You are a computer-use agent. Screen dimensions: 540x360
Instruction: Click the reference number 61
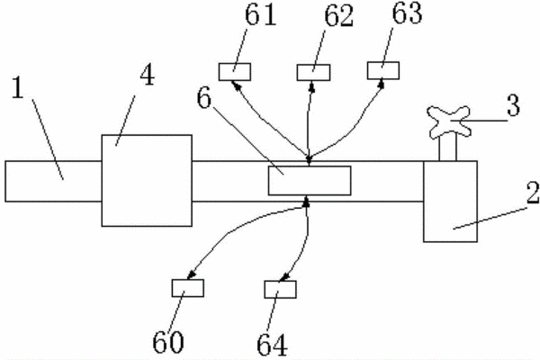pos(261,15)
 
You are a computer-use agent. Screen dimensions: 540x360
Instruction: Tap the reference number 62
pos(339,16)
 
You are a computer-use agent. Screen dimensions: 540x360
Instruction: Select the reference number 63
pos(408,13)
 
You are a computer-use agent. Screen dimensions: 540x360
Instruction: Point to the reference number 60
pos(168,342)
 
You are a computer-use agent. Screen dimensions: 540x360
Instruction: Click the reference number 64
pos(272,345)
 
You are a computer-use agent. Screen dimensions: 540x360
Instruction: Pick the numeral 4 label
pos(148,75)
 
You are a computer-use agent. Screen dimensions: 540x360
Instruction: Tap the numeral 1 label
pos(18,87)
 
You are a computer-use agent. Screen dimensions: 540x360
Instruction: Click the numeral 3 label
pos(513,105)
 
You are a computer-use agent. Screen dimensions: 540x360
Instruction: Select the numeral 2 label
pos(533,193)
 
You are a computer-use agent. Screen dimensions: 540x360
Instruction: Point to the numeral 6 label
pos(204,98)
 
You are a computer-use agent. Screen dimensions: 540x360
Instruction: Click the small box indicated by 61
pos(235,72)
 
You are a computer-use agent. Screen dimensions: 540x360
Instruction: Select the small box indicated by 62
pos(314,73)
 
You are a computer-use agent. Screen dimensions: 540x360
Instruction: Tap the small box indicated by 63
pos(383,70)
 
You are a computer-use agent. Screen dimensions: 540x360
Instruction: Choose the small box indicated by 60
pos(188,288)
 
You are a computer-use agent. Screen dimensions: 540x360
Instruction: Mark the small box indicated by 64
pos(280,290)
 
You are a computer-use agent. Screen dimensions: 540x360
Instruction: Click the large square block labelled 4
pos(147,181)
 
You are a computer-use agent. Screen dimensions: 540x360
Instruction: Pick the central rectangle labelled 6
pos(310,181)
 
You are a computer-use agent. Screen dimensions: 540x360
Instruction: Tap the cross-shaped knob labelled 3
pos(449,121)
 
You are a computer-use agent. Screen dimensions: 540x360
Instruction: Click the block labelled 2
pos(451,202)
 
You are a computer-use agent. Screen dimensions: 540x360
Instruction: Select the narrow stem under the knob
pos(447,148)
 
